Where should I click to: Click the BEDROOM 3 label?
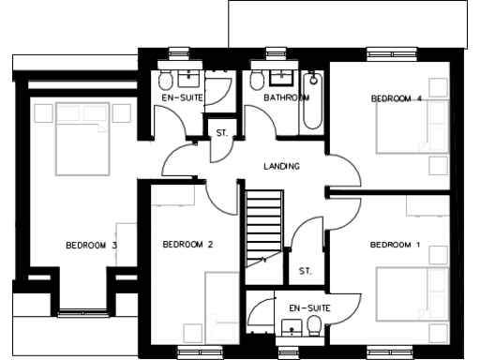point(91,246)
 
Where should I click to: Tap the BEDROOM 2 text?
point(187,245)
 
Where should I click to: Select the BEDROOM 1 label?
point(395,245)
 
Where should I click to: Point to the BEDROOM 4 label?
point(396,98)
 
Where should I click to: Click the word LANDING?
point(281,166)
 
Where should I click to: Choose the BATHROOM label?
point(286,97)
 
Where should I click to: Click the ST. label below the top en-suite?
point(222,133)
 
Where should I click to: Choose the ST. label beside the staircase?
point(305,272)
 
